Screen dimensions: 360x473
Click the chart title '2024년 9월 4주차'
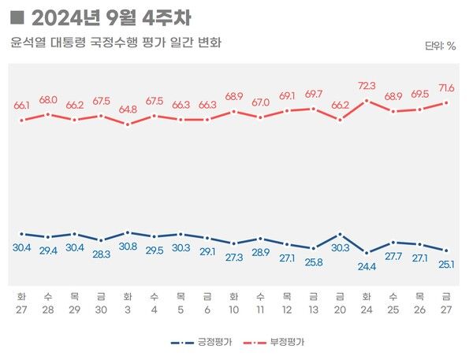(x=111, y=17)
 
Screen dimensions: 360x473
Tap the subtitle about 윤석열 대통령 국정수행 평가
(x=116, y=43)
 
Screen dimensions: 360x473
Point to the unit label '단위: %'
(x=440, y=46)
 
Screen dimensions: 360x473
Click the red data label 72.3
(x=367, y=85)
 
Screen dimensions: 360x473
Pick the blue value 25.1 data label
(x=447, y=264)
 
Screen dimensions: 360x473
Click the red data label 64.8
(x=128, y=109)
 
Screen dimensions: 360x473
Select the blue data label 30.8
(x=128, y=247)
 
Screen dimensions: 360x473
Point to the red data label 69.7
(x=314, y=94)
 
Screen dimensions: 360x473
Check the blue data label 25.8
(x=314, y=262)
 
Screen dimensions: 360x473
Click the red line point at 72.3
(x=367, y=100)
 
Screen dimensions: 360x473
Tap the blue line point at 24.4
(x=367, y=253)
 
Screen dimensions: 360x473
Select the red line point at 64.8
(x=128, y=124)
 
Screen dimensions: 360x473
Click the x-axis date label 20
(x=341, y=310)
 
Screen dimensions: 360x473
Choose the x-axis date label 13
(x=314, y=310)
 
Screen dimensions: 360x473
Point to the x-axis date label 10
(x=234, y=310)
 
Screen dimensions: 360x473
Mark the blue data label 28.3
(x=101, y=254)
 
